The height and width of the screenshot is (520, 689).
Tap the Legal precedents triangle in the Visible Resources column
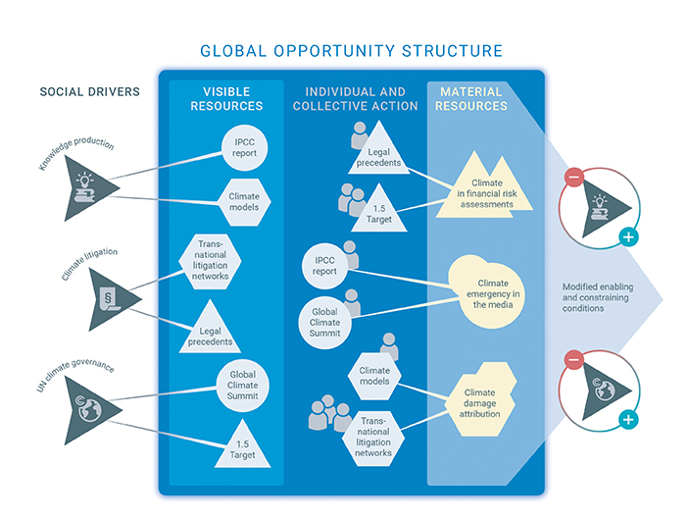coord(214,332)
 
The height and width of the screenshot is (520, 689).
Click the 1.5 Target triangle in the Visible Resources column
coord(242,446)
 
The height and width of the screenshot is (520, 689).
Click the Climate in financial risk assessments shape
coord(486,192)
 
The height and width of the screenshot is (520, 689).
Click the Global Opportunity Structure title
coord(351,51)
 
